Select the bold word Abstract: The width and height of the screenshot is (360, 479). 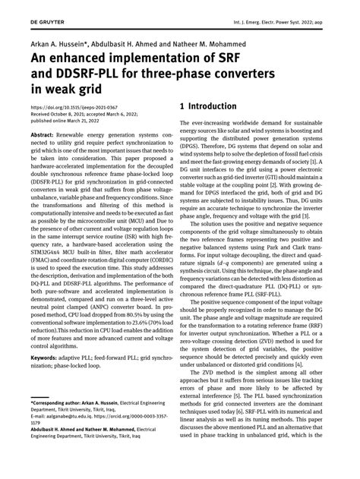pos(44,134)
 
